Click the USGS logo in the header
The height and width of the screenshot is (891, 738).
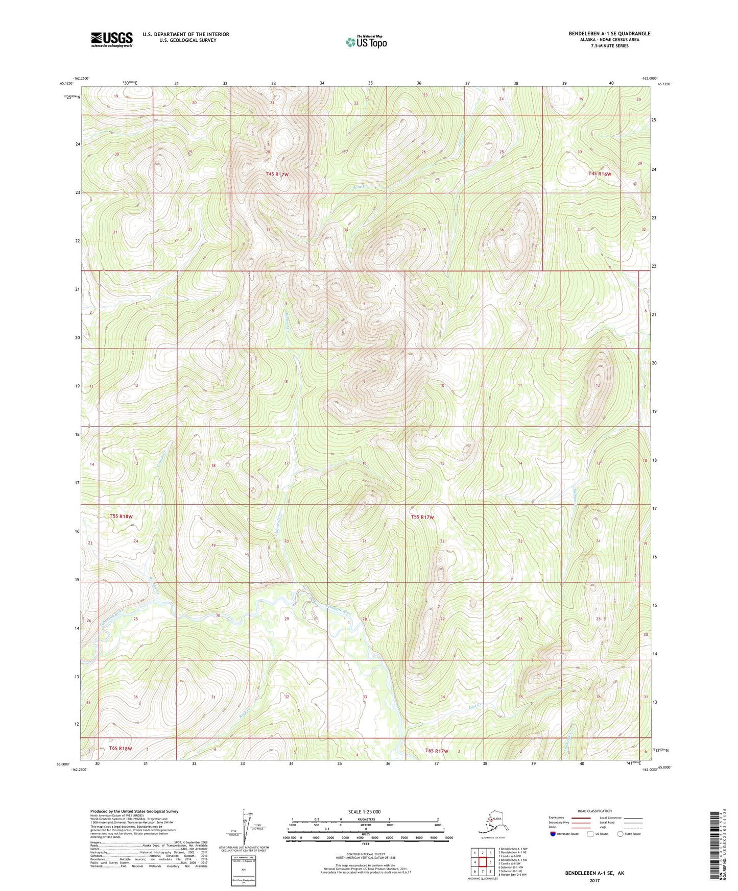[x=111, y=39]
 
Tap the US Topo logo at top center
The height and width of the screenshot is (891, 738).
[x=366, y=41]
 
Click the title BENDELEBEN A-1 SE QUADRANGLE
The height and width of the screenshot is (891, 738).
[x=609, y=34]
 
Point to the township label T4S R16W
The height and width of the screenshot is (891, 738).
[x=600, y=174]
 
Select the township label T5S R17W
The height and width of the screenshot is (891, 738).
[x=422, y=517]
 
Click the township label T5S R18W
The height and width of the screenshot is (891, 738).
[x=121, y=516]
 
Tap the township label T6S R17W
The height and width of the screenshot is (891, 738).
[x=437, y=751]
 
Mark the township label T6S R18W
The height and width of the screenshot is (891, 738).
[x=117, y=749]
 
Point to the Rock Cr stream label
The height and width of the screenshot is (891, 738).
[x=245, y=715]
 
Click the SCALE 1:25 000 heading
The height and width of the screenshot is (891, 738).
[x=364, y=811]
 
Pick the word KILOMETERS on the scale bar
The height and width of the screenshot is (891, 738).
[x=365, y=820]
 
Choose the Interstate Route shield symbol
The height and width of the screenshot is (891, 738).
[x=553, y=834]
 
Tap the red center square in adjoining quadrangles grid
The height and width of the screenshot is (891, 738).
[x=482, y=862]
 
